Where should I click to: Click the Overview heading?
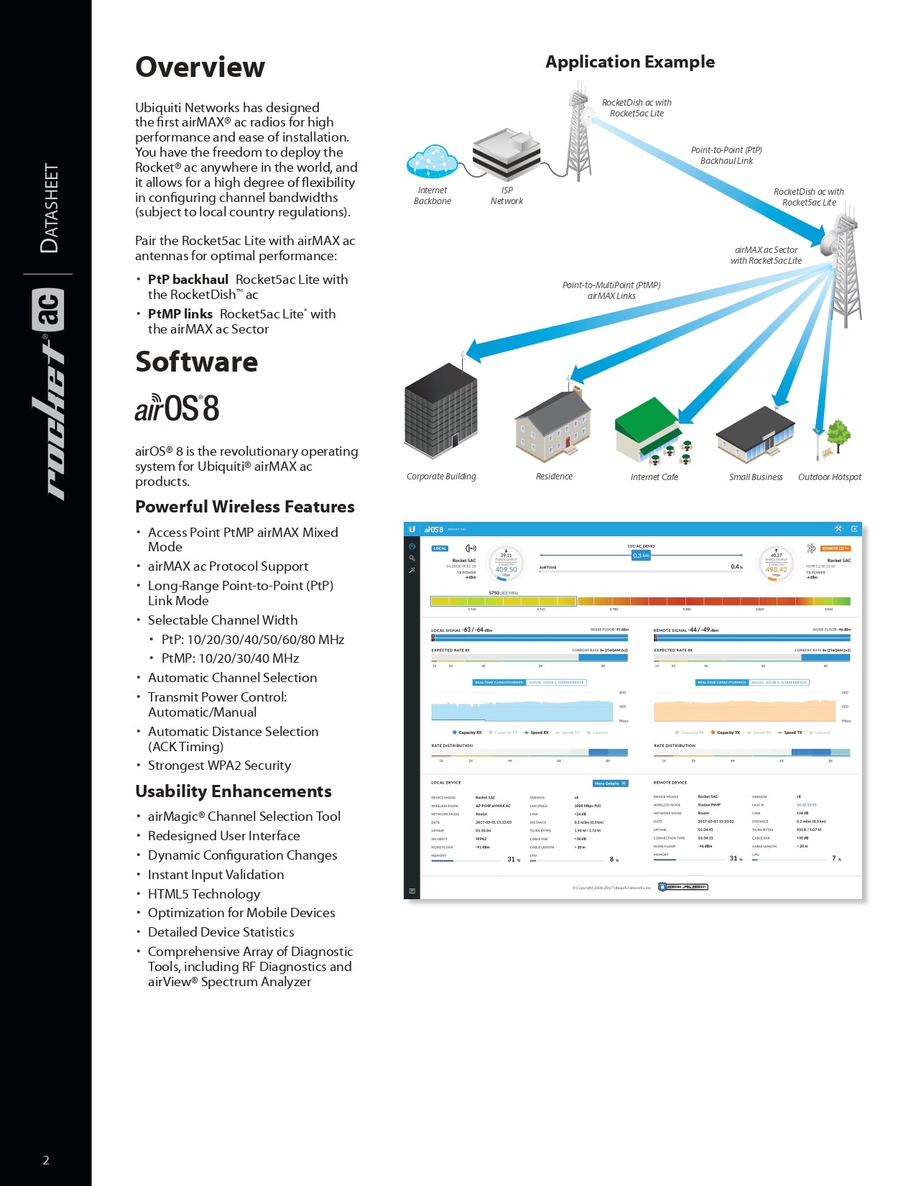(200, 67)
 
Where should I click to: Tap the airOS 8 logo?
(177, 408)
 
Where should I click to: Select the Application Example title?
(629, 62)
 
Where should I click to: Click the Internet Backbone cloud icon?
(432, 162)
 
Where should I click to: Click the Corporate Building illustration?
(440, 411)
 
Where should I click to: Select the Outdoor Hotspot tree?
(837, 436)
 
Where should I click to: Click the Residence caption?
(554, 477)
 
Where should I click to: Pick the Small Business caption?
(756, 477)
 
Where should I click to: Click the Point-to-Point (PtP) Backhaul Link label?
(726, 155)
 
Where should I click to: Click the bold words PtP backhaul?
(188, 280)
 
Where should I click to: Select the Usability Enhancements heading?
(233, 791)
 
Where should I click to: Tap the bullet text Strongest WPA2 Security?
(219, 766)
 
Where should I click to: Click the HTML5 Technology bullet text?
(204, 894)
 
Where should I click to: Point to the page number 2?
(46, 1160)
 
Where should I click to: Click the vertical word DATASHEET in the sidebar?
(50, 208)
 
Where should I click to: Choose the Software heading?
(196, 362)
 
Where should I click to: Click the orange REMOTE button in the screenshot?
(836, 548)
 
